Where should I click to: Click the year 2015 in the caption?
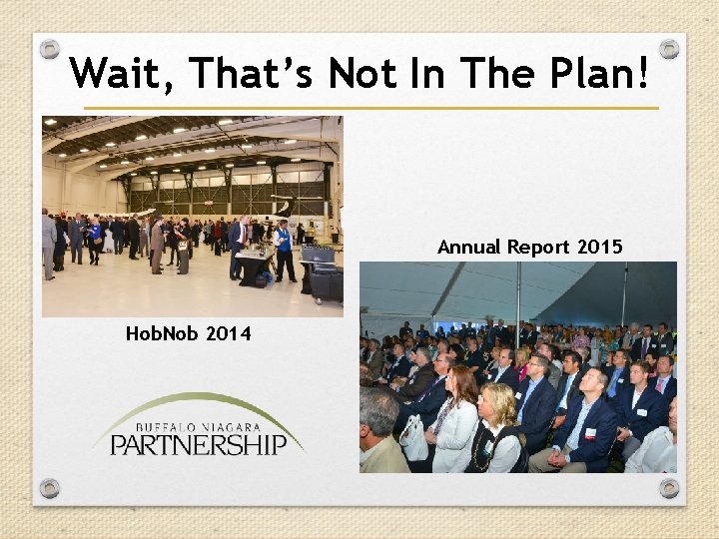tap(599, 247)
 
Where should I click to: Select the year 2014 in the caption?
tap(228, 333)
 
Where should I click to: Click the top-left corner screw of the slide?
tap(50, 49)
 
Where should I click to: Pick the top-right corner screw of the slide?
tap(669, 49)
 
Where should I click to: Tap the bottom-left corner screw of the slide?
tap(50, 488)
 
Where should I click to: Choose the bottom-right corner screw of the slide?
tap(669, 488)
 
